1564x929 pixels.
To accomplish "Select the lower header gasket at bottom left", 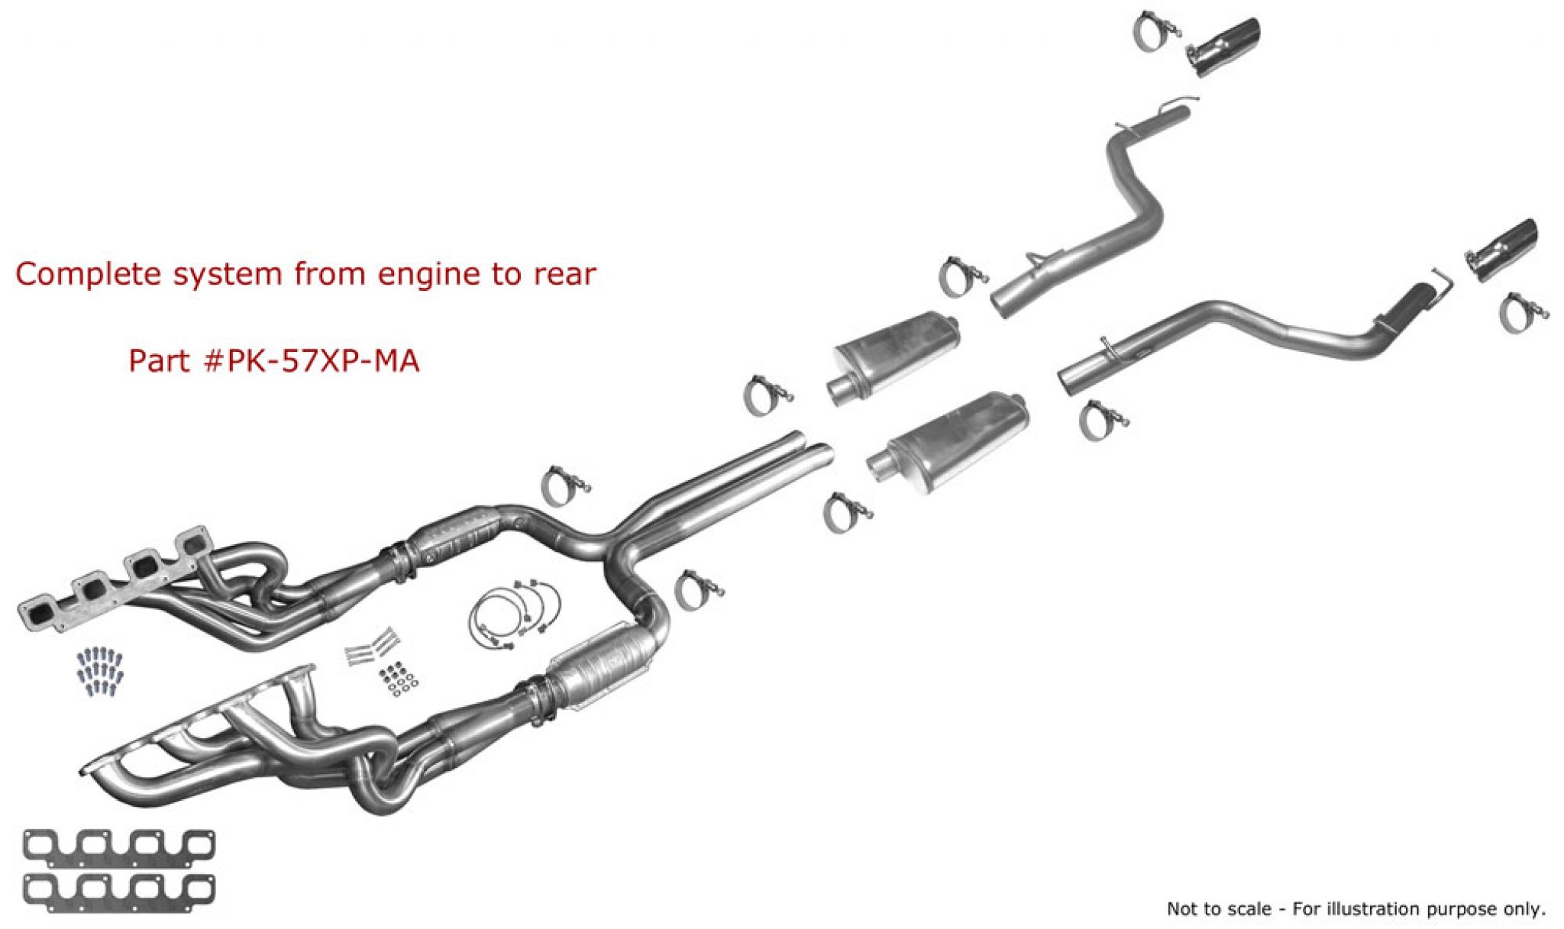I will click(119, 892).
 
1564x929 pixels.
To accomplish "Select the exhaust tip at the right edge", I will click(1501, 249).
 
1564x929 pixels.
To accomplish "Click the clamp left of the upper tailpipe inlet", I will click(960, 276).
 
